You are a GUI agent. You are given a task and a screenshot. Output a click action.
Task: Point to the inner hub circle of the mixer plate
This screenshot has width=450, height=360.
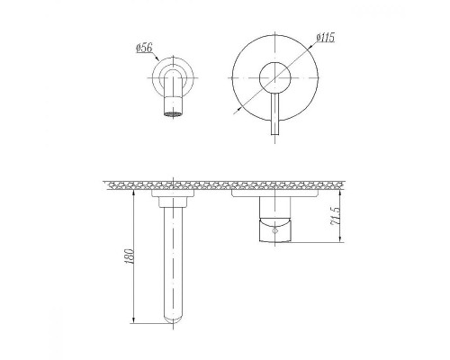click(274, 78)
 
